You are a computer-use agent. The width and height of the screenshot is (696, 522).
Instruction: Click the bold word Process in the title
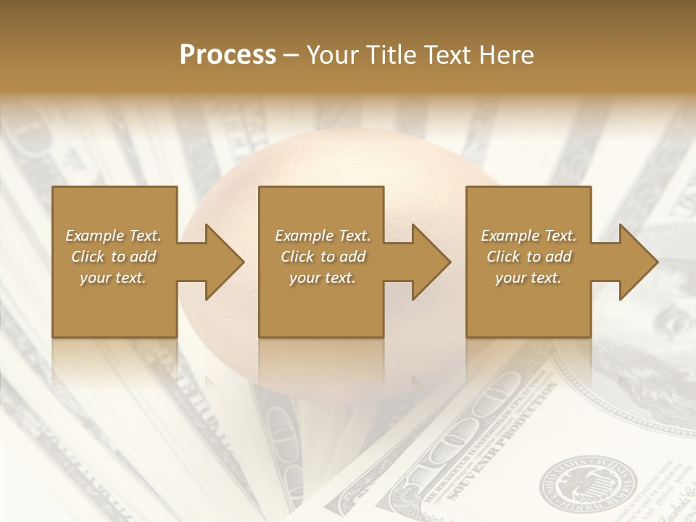(x=228, y=55)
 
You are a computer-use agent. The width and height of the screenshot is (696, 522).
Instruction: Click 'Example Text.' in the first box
(x=113, y=236)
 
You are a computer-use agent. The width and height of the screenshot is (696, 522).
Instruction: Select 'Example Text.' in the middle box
(x=323, y=236)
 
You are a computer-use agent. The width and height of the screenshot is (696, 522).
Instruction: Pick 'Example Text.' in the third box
(x=529, y=236)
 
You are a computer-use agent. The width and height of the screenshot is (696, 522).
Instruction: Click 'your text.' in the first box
(x=113, y=278)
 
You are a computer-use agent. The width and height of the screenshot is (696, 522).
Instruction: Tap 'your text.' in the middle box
(x=323, y=278)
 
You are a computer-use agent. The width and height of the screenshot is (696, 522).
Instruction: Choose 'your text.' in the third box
(x=529, y=278)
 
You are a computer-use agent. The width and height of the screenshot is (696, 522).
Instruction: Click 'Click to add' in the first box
(x=113, y=257)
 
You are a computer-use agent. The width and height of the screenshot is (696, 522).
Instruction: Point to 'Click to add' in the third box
(x=529, y=257)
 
